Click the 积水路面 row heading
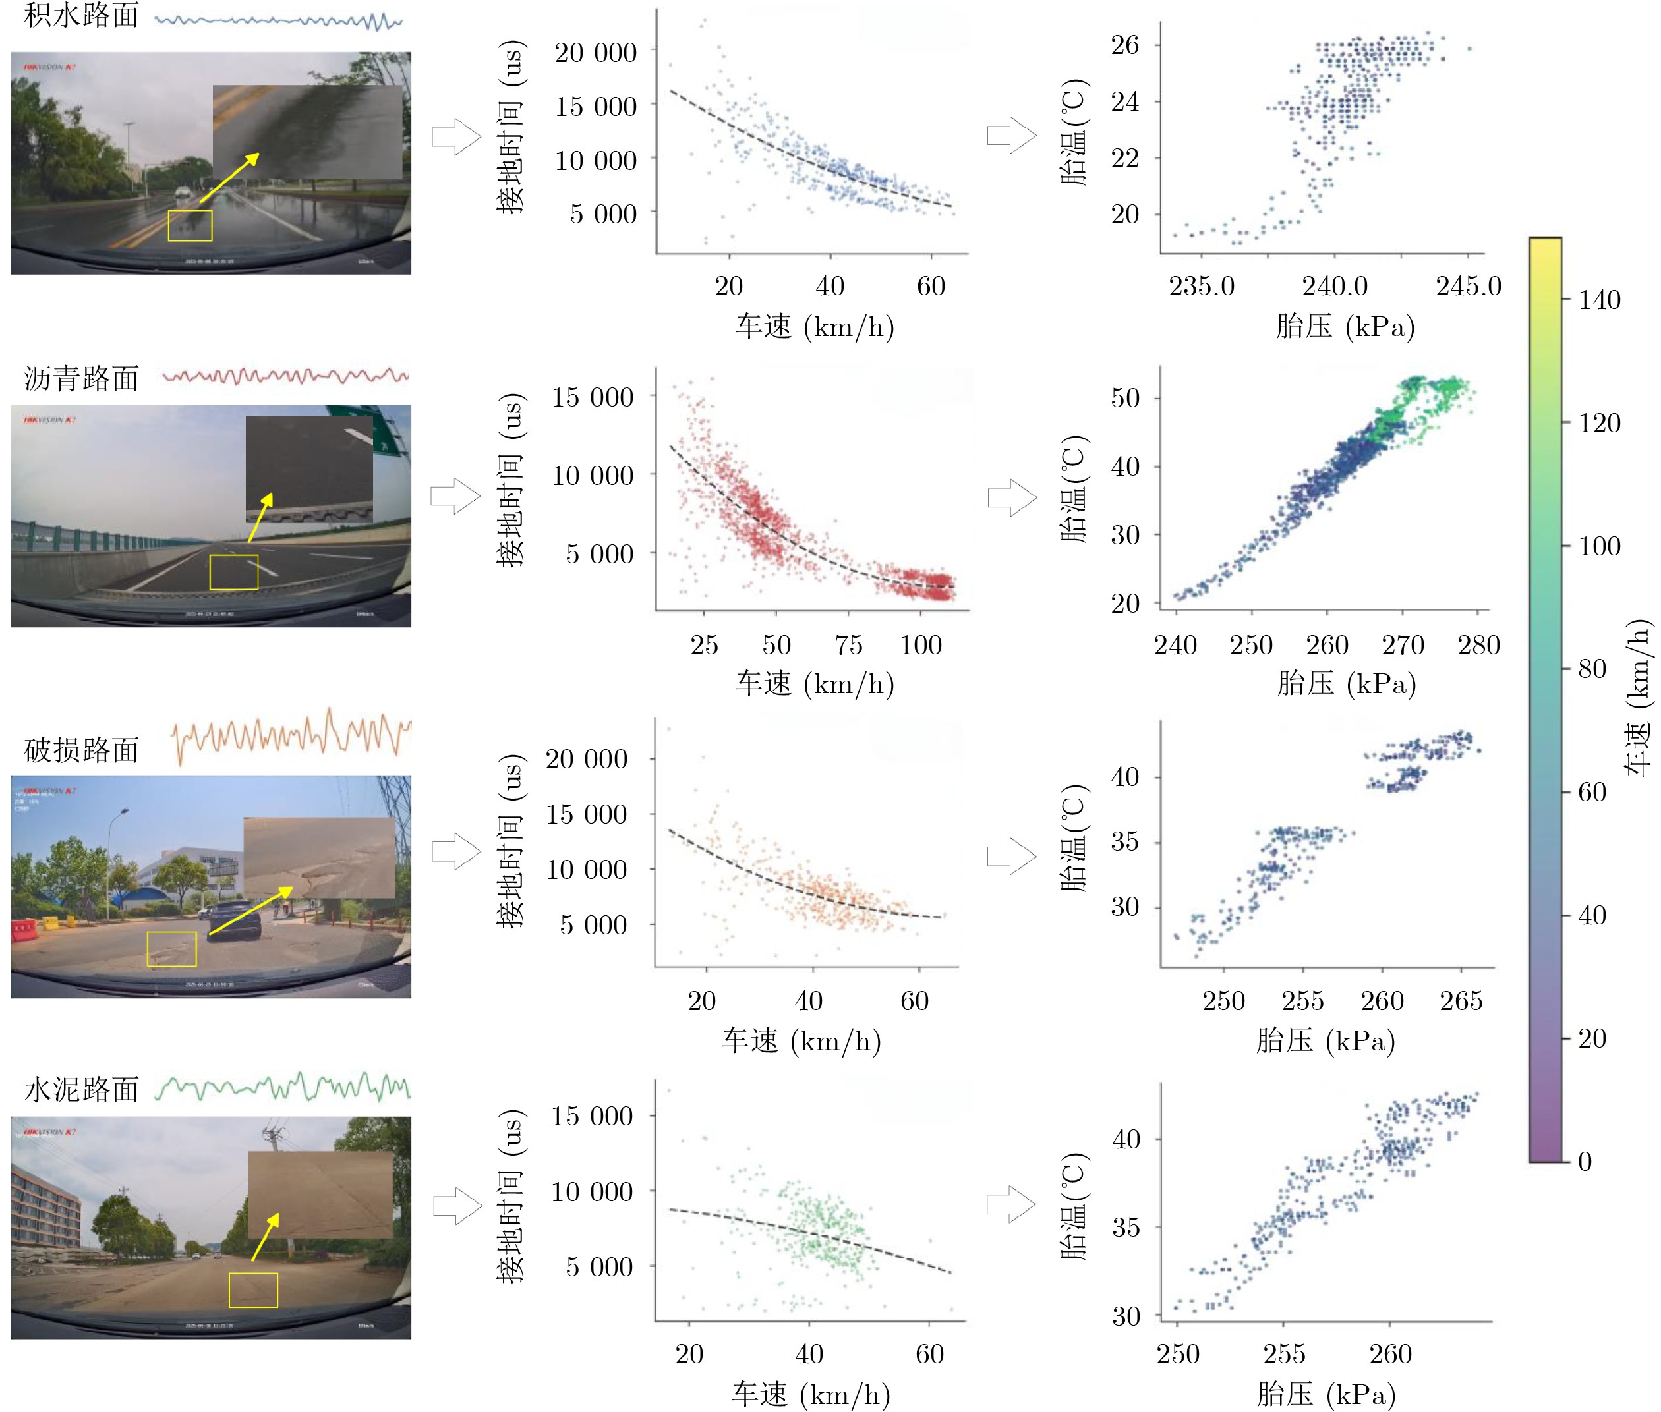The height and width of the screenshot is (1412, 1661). point(81,16)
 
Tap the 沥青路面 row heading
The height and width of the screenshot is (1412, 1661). point(81,379)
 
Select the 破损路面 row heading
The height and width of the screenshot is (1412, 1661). point(81,750)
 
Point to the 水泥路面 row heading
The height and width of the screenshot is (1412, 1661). point(81,1089)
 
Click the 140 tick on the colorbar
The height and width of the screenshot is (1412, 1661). point(1598,300)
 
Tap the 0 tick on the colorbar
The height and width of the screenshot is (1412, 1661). point(1584,1162)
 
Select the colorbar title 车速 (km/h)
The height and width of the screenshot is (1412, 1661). point(1639,697)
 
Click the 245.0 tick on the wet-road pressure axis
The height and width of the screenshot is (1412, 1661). point(1468,286)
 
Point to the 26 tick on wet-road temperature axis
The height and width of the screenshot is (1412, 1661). point(1124,45)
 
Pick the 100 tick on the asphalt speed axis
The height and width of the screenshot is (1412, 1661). point(920,645)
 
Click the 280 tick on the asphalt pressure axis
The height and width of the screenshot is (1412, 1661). point(1478,645)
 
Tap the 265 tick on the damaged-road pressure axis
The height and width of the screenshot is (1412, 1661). point(1461,1001)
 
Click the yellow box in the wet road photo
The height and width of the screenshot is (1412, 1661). point(190,226)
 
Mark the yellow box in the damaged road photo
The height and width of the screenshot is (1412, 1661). point(171,949)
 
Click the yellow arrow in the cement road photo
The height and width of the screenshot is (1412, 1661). point(265,1237)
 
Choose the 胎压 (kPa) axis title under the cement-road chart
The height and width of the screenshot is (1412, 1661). point(1326,1394)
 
